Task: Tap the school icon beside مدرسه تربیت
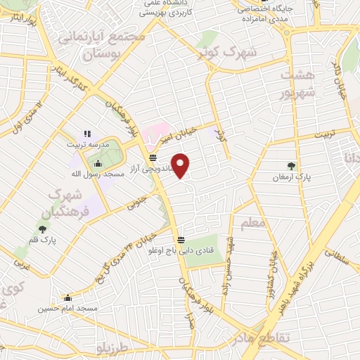pos(87,133)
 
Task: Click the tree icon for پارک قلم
pos(42,229)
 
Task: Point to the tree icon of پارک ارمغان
pos(291,166)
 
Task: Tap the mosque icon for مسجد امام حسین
pos(67,297)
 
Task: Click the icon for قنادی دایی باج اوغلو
pos(181,239)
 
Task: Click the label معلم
pos(252,224)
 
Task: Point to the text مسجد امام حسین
pos(68,309)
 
